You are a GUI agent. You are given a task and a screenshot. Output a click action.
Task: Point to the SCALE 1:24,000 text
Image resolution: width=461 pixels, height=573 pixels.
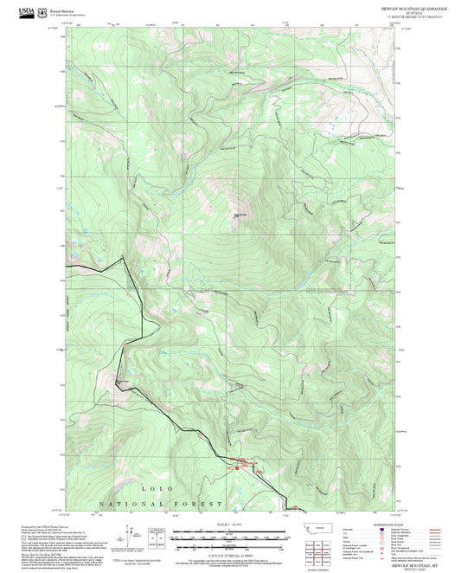tap(226, 525)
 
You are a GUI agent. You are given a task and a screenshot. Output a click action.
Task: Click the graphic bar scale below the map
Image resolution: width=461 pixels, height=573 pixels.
tap(226, 538)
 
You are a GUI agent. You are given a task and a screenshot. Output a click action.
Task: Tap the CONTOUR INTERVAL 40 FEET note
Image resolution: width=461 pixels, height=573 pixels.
tap(226, 555)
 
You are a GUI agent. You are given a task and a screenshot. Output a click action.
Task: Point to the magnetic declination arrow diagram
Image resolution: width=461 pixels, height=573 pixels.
tap(157, 538)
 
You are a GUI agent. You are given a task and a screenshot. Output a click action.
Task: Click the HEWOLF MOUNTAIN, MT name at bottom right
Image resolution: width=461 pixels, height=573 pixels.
tap(381, 563)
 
